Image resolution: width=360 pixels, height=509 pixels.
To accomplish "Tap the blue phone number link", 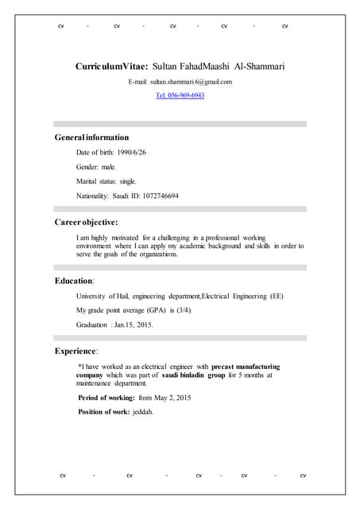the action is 180,95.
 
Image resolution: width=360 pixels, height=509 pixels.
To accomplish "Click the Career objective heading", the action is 86,222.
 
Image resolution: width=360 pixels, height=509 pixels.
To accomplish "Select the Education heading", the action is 74,281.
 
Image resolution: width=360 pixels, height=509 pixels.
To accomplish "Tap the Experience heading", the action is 76,351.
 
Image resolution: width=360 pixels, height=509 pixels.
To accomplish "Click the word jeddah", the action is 143,412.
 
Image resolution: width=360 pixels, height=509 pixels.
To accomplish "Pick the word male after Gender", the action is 109,167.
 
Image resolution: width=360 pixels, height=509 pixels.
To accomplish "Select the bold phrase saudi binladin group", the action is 194,375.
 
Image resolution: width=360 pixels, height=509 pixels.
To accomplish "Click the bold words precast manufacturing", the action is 246,367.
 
